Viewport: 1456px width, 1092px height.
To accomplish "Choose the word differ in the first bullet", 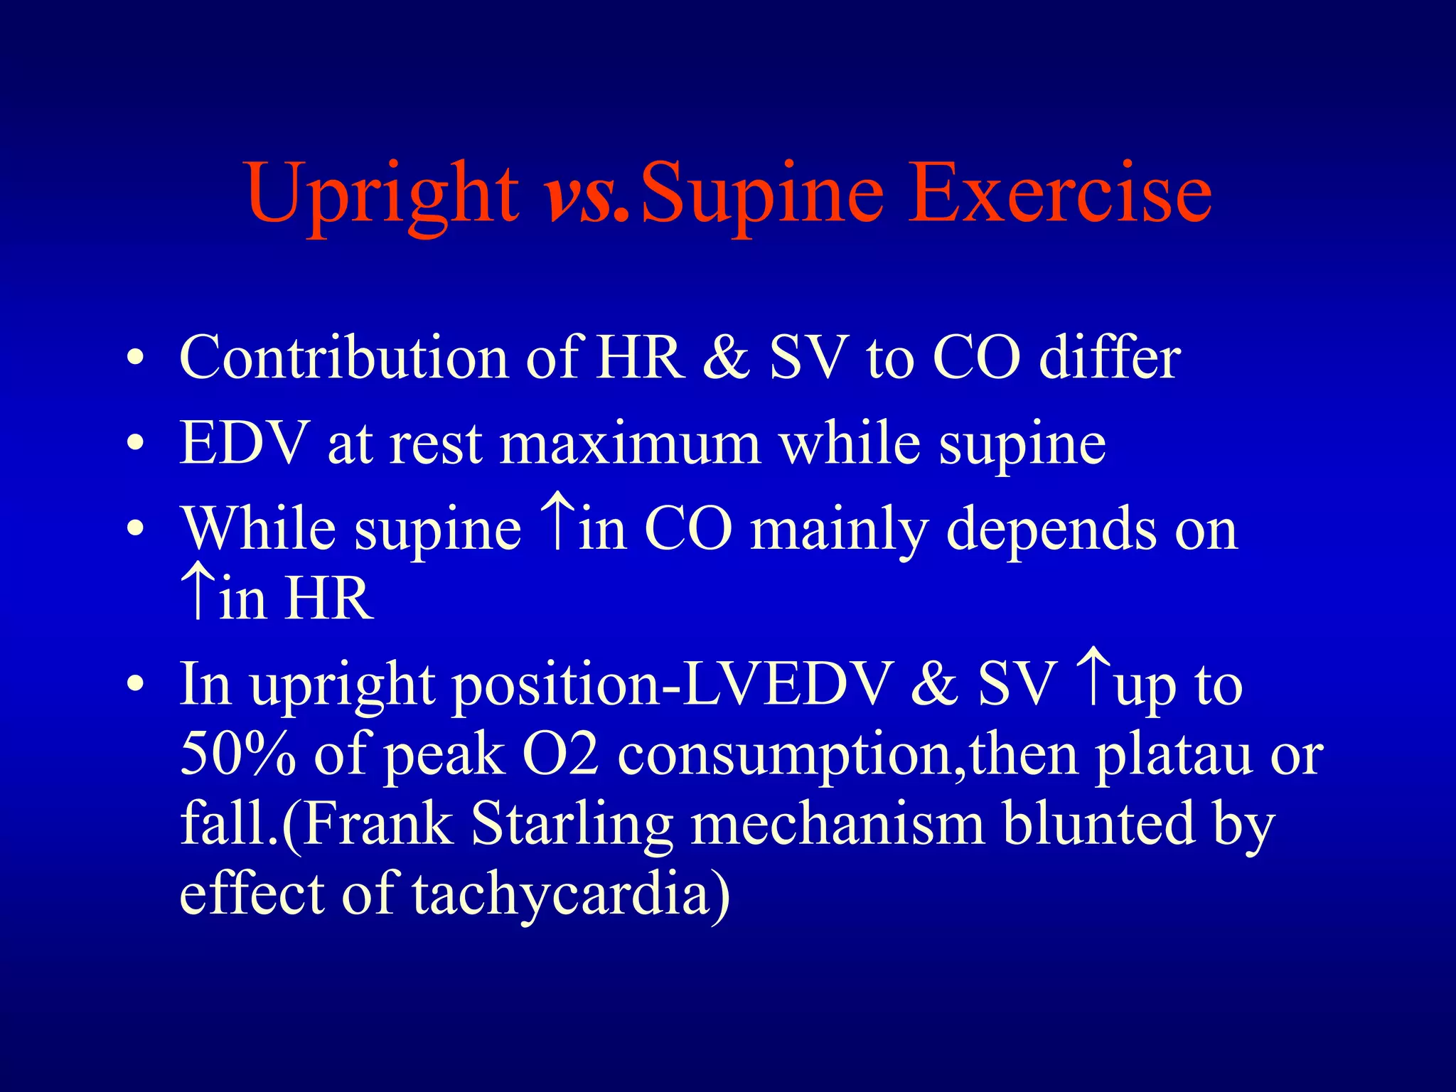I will (x=1109, y=357).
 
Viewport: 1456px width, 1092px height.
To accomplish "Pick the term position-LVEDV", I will (x=671, y=685).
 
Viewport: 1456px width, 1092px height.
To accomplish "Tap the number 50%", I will (x=237, y=754).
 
